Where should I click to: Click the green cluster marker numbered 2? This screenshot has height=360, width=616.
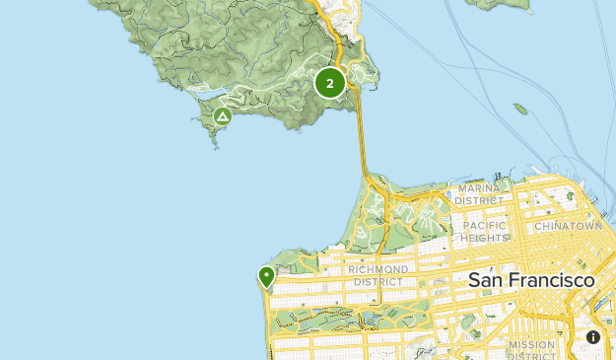[x=330, y=83]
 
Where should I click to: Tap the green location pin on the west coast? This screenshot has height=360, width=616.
[x=266, y=276]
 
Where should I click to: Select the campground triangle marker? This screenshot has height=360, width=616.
[x=223, y=117]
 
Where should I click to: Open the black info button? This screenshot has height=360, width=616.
[x=593, y=337]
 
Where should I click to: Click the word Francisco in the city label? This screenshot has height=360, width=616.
[x=552, y=280]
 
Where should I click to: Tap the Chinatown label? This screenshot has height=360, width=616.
[x=568, y=226]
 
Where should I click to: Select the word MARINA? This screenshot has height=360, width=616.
[x=478, y=188]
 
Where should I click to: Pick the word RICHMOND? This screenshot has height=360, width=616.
[x=377, y=269]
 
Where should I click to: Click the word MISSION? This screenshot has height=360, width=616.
[x=532, y=344]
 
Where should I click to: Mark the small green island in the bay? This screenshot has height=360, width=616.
[x=520, y=108]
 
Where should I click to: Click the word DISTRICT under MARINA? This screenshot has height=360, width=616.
[x=479, y=200]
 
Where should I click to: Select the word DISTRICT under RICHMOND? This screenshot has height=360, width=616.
[x=377, y=281]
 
